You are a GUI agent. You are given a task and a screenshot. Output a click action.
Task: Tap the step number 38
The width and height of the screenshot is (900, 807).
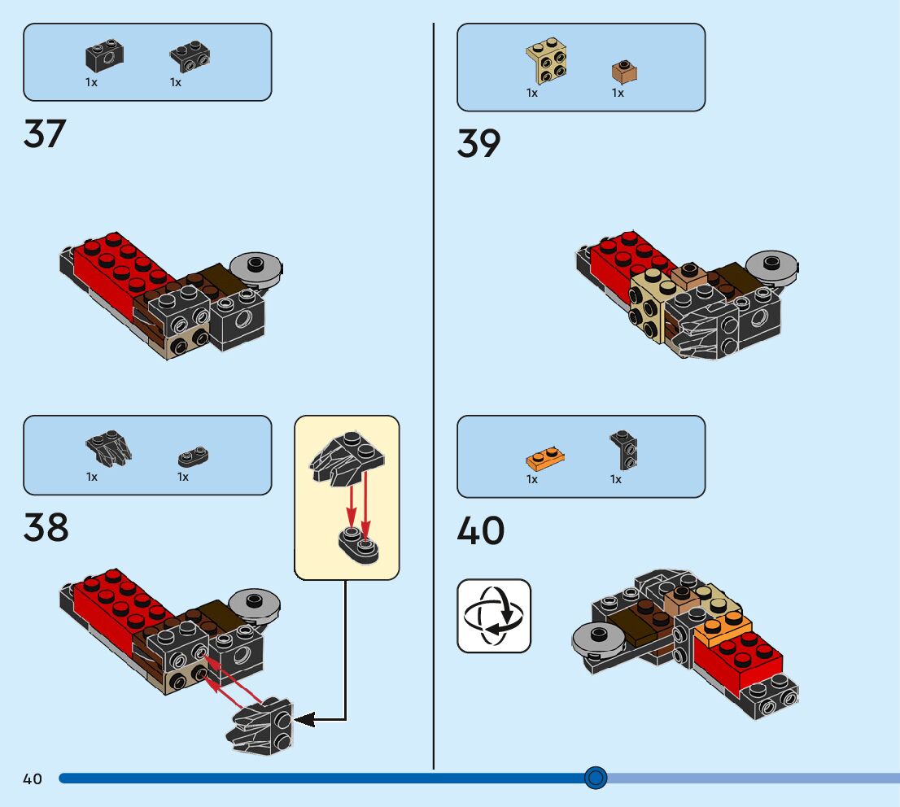point(46,527)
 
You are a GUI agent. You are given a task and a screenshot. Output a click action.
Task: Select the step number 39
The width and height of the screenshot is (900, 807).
point(478,144)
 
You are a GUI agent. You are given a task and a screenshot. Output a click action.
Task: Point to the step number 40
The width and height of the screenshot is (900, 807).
point(480,531)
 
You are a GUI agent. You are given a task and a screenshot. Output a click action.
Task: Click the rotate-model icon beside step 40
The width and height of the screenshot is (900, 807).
point(494,616)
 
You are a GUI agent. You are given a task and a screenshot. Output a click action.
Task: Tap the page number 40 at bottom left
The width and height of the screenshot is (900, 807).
point(33,779)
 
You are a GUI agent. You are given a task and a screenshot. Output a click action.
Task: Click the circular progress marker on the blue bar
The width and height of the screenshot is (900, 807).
point(596,779)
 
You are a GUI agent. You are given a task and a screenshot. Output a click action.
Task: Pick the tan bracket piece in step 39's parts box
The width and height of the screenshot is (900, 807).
point(547,63)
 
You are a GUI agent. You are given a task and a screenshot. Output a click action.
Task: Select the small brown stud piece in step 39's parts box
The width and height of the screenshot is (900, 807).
point(624,73)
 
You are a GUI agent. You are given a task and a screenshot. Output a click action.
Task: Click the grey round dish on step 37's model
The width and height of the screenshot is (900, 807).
point(255,266)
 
